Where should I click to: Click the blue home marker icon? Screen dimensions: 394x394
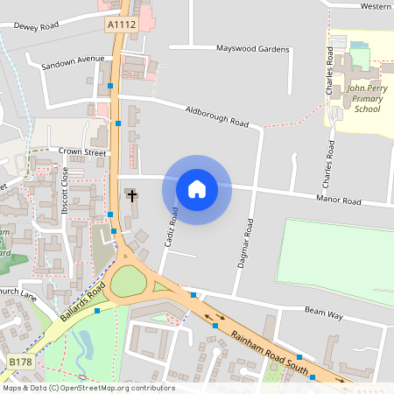pos(197,188)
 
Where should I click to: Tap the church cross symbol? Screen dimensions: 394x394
pos(131,194)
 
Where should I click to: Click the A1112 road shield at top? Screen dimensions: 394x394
pos(123,25)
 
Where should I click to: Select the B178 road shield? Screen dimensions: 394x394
pos(20,360)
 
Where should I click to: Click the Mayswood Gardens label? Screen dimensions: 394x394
pos(252,49)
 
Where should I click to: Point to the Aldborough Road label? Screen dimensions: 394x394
pos(216,116)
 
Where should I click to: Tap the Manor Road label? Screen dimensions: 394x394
pos(339,201)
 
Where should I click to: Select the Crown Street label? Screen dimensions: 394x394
pos(82,152)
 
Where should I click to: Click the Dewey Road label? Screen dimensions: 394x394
pos(36,26)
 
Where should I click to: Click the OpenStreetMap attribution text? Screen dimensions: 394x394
pos(88,388)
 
